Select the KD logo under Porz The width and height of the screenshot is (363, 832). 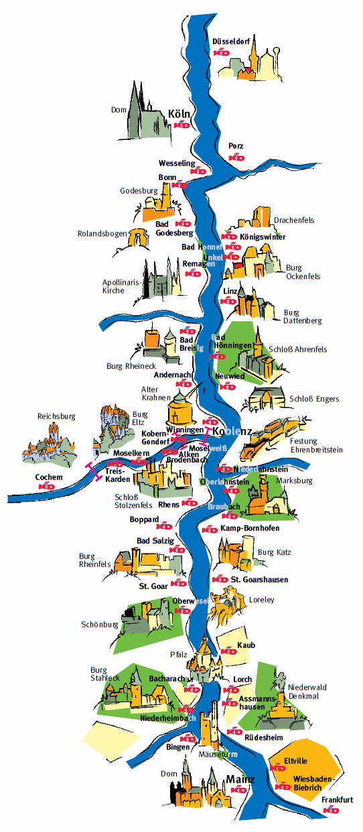click(237, 157)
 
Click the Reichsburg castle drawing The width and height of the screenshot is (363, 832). click(49, 442)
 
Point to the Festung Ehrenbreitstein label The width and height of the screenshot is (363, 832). click(316, 446)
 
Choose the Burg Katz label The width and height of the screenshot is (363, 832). click(275, 552)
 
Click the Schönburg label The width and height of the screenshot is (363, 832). click(100, 625)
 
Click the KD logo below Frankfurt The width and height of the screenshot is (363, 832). click(331, 810)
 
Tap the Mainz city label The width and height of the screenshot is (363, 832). click(240, 780)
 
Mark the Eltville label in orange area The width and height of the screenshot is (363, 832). click(295, 760)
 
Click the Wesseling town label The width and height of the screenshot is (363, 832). click(176, 163)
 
